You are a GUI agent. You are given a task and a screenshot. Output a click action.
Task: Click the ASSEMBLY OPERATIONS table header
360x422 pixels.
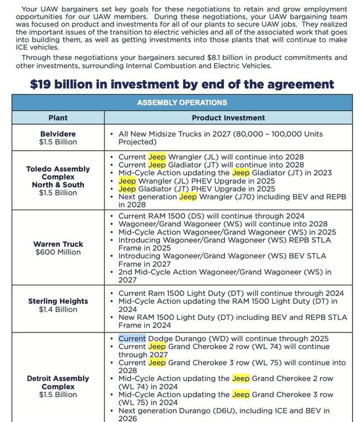pos(182,102)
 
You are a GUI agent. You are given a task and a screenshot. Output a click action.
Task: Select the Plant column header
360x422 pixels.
pos(58,118)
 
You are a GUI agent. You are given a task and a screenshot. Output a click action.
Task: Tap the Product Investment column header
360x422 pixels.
pos(228,118)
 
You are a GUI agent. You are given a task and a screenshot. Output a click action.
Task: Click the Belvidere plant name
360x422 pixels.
pos(58,134)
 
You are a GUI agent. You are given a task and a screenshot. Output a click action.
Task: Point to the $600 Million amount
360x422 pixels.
pos(58,252)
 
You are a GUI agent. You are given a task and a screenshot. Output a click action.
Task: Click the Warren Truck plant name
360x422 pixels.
pos(58,244)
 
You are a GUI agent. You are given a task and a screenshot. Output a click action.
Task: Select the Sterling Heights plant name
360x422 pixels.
pos(58,301)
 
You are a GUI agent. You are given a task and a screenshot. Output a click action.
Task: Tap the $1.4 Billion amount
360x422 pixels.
pos(58,310)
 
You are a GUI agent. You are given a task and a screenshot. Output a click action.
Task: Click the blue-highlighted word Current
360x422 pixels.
pos(132,339)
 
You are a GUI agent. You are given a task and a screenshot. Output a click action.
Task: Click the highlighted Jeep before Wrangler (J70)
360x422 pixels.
pos(187,197)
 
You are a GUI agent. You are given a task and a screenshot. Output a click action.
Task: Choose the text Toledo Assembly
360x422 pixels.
pos(58,169)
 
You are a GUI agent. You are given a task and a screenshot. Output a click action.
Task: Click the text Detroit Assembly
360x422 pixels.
pos(58,379)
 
